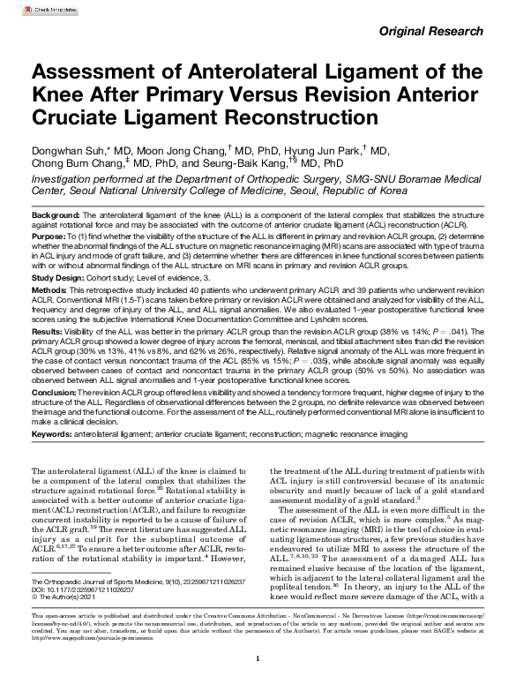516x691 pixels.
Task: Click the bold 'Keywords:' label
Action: (55, 435)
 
